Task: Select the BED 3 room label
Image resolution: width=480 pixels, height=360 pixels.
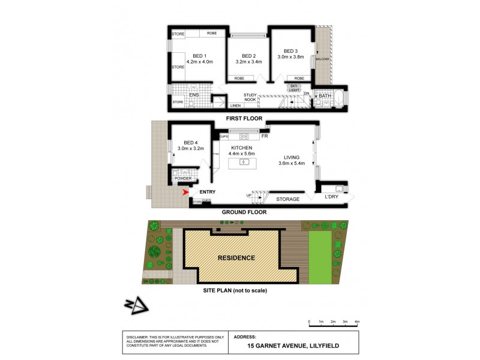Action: click(290, 51)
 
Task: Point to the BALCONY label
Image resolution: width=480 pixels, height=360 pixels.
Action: click(323, 58)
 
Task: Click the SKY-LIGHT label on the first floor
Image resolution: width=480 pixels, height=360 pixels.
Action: click(294, 88)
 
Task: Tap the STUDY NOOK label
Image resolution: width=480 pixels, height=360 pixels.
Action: click(250, 97)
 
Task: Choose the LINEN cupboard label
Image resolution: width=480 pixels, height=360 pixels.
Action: click(236, 106)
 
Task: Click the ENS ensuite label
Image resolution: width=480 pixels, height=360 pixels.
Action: click(194, 95)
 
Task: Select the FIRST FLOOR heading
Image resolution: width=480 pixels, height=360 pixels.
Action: click(242, 119)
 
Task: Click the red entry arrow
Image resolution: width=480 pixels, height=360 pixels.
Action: click(186, 192)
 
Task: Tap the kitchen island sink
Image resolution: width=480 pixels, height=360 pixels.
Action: click(244, 161)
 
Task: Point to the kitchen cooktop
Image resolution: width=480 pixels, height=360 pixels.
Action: click(245, 136)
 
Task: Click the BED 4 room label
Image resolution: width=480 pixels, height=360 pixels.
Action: click(187, 142)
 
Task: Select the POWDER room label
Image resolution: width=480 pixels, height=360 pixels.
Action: click(182, 179)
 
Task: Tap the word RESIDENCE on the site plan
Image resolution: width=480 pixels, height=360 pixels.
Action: click(236, 258)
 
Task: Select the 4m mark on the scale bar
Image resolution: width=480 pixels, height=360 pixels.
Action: click(357, 322)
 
